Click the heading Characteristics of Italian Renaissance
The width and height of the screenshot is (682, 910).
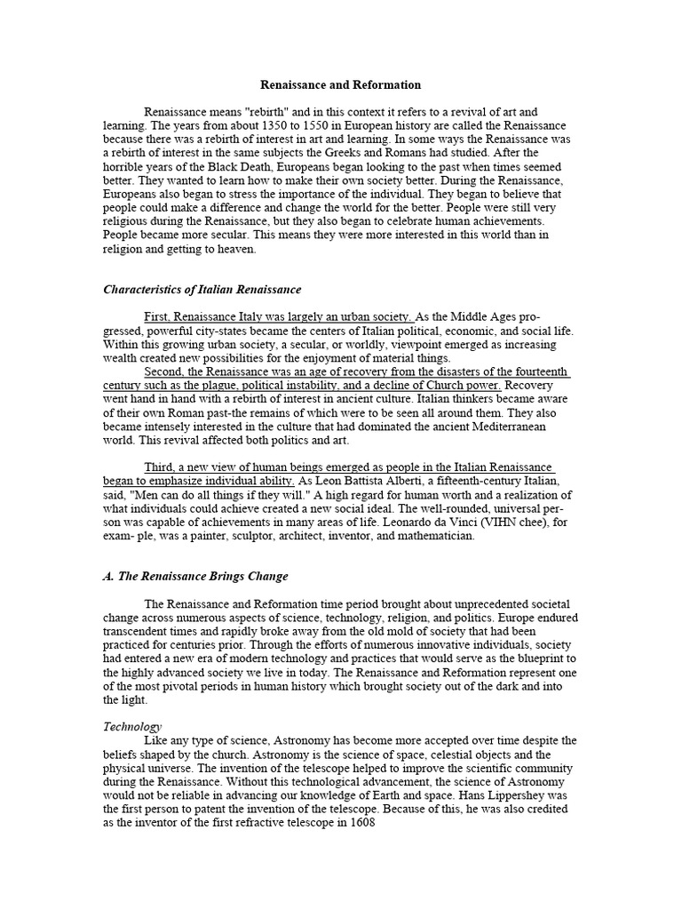tap(202, 290)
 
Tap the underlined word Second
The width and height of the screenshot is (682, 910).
tap(163, 371)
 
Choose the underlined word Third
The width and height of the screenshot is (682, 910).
tap(159, 467)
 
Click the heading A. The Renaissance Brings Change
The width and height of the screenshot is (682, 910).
tap(195, 576)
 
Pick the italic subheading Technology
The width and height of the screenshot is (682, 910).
tap(132, 726)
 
